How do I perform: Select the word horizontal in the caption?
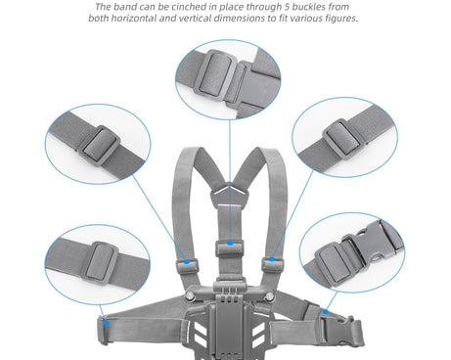point(134,18)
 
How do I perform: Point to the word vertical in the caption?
point(196,18)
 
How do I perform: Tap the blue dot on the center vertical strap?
point(230,243)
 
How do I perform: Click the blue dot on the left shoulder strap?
point(187,261)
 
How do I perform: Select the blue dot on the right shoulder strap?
point(272,259)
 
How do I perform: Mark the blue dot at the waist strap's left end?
point(106,323)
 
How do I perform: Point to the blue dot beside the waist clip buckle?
point(325,312)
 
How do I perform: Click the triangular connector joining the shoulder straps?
point(230,195)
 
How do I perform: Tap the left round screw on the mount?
point(190,296)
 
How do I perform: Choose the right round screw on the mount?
point(269,296)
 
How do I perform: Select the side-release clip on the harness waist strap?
point(338,329)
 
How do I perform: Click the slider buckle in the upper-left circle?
point(100,146)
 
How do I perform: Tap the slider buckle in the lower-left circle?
point(100,263)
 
